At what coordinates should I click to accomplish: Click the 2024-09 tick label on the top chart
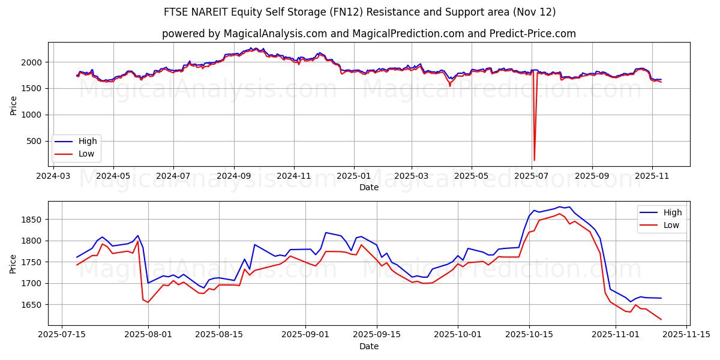tap(233, 176)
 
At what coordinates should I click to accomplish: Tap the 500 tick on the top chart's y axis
tap(35, 141)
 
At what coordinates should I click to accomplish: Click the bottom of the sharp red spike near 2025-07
tap(534, 160)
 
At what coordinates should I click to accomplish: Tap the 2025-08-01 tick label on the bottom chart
tap(148, 334)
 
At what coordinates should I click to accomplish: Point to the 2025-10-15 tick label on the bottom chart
tap(529, 334)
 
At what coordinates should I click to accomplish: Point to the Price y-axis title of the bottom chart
tap(13, 263)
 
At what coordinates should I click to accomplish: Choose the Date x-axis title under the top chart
tap(368, 187)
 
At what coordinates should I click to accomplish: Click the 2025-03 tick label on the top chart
tap(412, 176)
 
